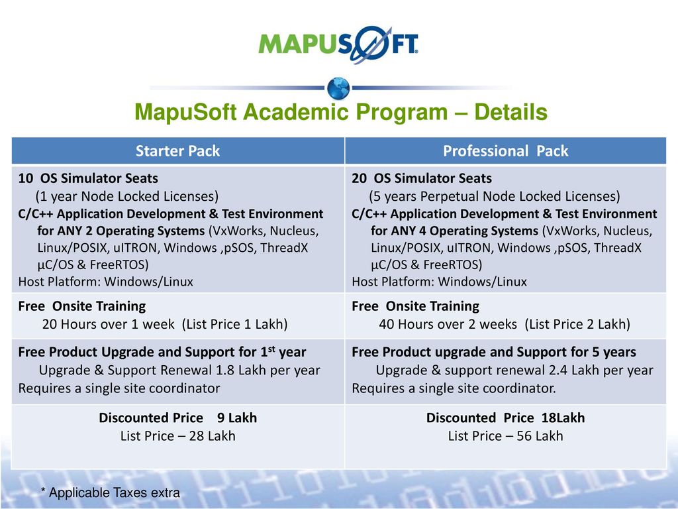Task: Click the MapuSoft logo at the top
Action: coord(338,44)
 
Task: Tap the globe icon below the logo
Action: coord(338,88)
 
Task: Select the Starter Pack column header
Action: coord(177,150)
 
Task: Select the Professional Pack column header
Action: coord(505,150)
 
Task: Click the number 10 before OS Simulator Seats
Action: coord(26,178)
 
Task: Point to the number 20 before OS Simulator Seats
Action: coord(360,178)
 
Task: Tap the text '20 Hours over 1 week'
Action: coord(108,324)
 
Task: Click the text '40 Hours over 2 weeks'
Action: coord(448,324)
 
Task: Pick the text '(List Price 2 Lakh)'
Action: coord(577,324)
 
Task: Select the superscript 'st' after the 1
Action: coord(271,349)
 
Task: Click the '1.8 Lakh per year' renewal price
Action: coord(267,370)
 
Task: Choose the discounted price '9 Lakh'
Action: coord(237,418)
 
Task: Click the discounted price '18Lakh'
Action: coord(563,418)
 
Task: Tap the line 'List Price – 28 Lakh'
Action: coord(177,436)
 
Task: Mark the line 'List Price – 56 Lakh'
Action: coord(505,436)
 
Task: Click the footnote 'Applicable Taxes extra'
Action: coord(114,492)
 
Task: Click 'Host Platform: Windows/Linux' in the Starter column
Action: coord(105,282)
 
